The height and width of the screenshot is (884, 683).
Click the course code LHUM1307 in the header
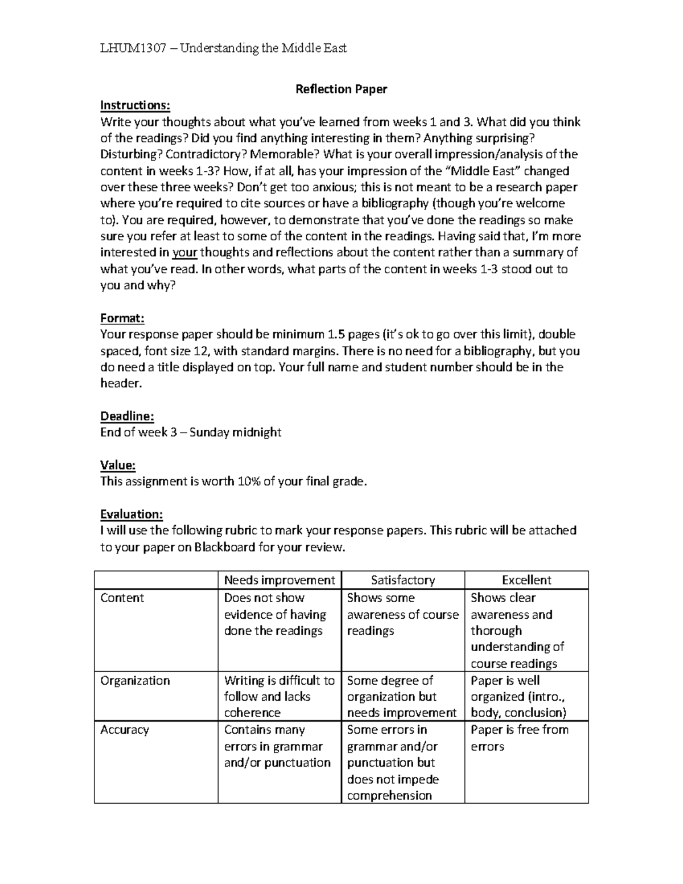tap(133, 48)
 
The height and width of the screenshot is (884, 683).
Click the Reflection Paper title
tap(341, 89)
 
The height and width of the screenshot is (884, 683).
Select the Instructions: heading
tap(135, 106)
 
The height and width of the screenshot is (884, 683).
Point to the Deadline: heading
tap(127, 416)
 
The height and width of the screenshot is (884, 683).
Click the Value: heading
tap(118, 465)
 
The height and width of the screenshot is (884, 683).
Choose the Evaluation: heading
tap(131, 515)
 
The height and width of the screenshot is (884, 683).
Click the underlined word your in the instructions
tap(184, 253)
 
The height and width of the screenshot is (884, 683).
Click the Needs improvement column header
tap(279, 580)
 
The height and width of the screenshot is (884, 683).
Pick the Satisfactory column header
tap(403, 580)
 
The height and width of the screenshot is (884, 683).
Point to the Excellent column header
tap(526, 580)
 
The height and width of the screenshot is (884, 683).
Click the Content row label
tap(122, 598)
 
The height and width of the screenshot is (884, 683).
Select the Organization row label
tap(135, 681)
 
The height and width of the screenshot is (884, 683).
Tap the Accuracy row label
tap(124, 730)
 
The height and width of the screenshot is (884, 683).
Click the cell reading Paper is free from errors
tap(519, 738)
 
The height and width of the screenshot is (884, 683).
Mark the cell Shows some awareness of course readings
tap(402, 614)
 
